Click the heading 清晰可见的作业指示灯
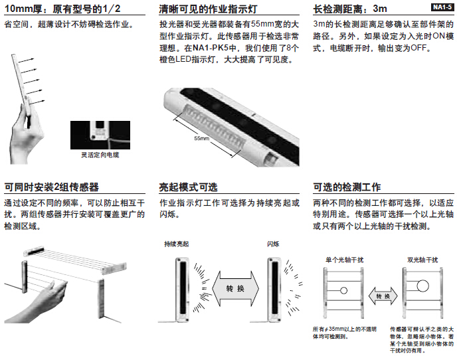208,9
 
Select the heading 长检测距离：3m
349,9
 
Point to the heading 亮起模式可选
188,187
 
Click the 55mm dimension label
202,139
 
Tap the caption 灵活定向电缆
96,155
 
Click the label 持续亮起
177,244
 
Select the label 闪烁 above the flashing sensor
273,244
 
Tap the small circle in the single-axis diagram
344,291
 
